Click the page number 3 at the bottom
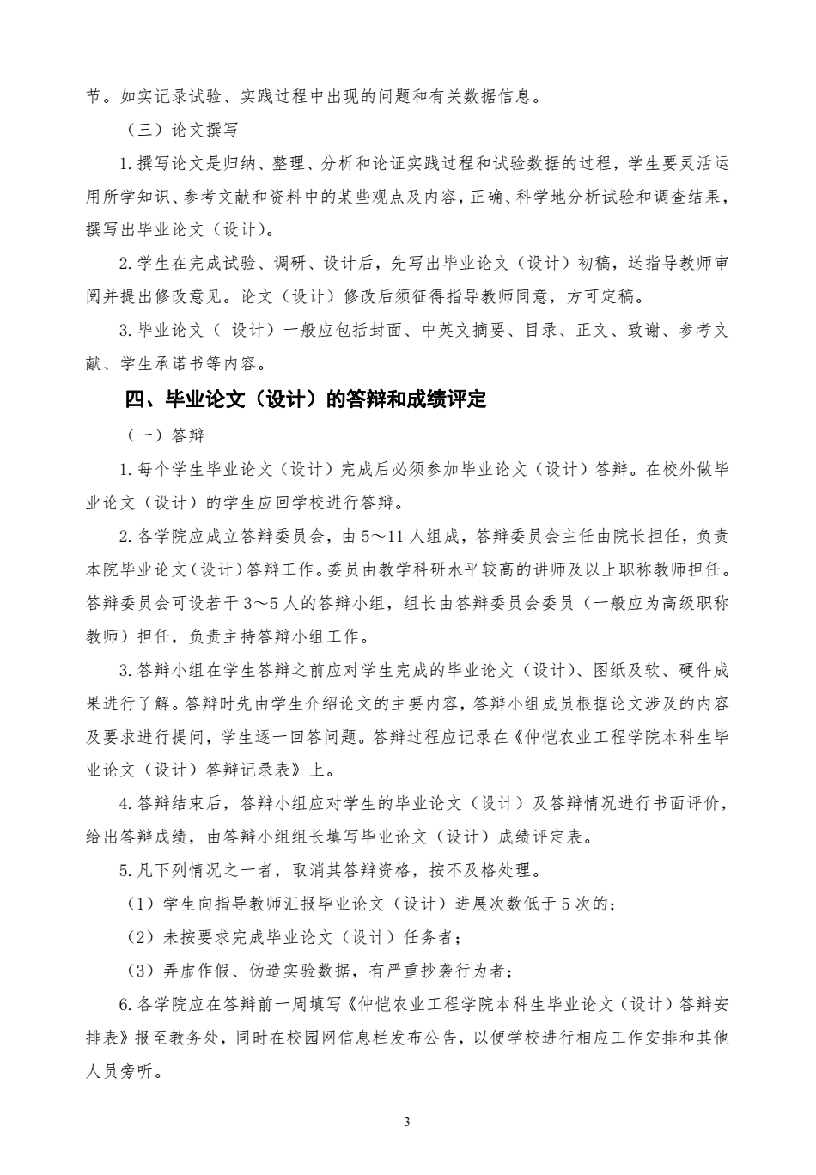point(407,1122)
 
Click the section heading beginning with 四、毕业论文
point(305,400)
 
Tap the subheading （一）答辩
point(161,435)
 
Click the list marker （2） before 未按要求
point(140,937)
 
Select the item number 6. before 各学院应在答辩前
point(126,1004)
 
